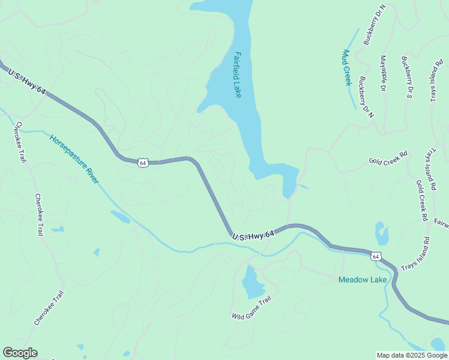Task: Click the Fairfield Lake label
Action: [238, 75]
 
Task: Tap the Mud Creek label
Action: [346, 67]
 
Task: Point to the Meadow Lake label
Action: [363, 280]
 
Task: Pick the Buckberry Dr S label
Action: [408, 77]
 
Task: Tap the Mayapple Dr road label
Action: [383, 73]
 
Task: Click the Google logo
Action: [20, 353]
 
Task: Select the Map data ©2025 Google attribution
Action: [411, 355]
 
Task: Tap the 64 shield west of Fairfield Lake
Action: [142, 163]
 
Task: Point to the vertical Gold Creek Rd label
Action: [421, 199]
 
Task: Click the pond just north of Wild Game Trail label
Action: [250, 281]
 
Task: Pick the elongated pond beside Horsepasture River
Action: [120, 217]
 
